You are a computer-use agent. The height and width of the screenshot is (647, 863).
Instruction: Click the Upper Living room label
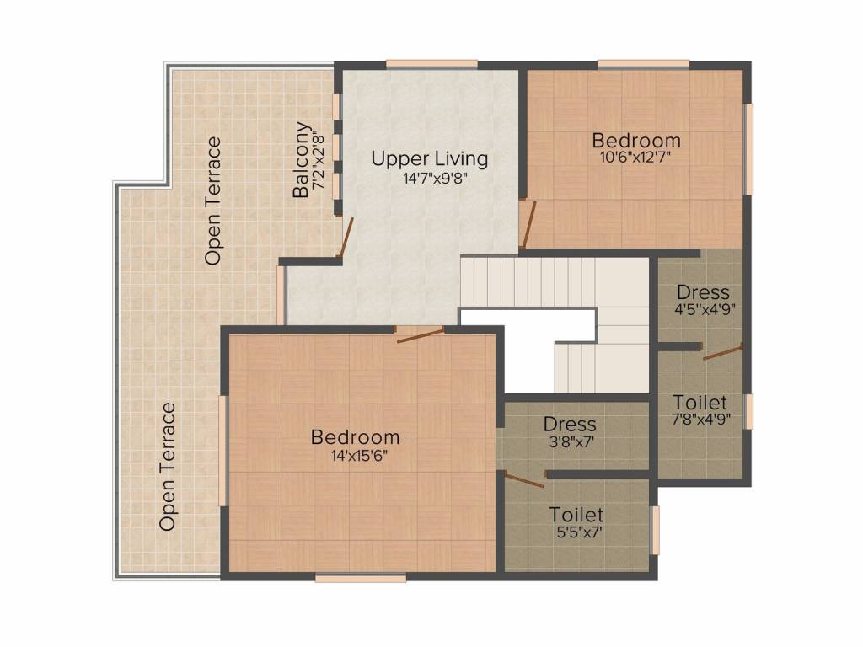point(430,158)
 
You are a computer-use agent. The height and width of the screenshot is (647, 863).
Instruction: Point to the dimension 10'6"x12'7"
point(636,157)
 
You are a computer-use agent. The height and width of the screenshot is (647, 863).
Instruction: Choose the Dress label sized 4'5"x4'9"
point(703,293)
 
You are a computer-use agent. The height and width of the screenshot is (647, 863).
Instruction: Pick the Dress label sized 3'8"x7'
point(570,425)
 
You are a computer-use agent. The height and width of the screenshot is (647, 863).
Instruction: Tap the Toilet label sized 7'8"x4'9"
point(700,403)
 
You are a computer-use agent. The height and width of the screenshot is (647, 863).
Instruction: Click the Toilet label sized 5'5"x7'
point(576,515)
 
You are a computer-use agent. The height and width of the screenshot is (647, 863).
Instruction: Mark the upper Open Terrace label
point(213,201)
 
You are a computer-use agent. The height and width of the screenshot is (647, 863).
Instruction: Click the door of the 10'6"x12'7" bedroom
point(528,225)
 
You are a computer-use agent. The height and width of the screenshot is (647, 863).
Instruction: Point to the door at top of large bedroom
point(420,335)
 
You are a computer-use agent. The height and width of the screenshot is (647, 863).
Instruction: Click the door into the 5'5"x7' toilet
point(524,479)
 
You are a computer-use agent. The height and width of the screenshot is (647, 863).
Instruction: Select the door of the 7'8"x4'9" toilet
point(722,352)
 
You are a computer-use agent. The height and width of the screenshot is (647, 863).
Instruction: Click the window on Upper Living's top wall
point(432,63)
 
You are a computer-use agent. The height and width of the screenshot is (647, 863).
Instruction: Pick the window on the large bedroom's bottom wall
point(361,578)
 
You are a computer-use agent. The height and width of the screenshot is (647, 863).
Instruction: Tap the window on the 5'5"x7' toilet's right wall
point(656,530)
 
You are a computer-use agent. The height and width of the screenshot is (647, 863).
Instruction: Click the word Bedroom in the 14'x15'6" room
point(355,437)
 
